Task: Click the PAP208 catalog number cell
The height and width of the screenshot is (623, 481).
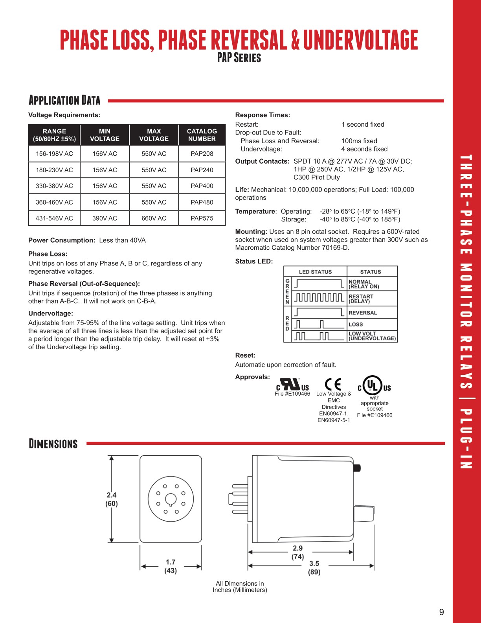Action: point(202,154)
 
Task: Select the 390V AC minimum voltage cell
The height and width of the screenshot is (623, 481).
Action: point(105,218)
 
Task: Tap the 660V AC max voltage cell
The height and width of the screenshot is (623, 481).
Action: point(154,218)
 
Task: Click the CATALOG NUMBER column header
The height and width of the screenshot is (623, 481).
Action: point(202,135)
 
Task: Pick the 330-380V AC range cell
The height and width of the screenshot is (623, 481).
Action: point(54,186)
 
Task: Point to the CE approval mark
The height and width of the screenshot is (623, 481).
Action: point(333,384)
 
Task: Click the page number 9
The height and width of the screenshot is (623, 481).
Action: point(441,612)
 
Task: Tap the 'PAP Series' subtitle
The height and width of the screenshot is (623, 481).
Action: point(239,58)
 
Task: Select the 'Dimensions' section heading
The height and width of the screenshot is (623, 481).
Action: point(53,444)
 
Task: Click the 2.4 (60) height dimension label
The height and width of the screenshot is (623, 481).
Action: point(112,499)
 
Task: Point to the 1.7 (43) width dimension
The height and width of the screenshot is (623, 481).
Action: point(171,566)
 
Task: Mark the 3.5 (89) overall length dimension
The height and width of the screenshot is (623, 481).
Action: point(314,568)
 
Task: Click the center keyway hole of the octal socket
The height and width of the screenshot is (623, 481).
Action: point(171,499)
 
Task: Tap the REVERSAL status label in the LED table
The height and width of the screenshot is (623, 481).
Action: point(362,313)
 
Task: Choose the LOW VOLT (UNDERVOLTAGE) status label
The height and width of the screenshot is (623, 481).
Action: point(372,336)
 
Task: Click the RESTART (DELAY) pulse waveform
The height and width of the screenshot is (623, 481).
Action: point(319,297)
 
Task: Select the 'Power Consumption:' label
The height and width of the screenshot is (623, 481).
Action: point(62,240)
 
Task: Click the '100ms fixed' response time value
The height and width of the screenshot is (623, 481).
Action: point(359,141)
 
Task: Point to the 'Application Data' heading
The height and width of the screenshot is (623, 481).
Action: point(64,100)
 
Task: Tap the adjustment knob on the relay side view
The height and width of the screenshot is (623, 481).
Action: point(364,514)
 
